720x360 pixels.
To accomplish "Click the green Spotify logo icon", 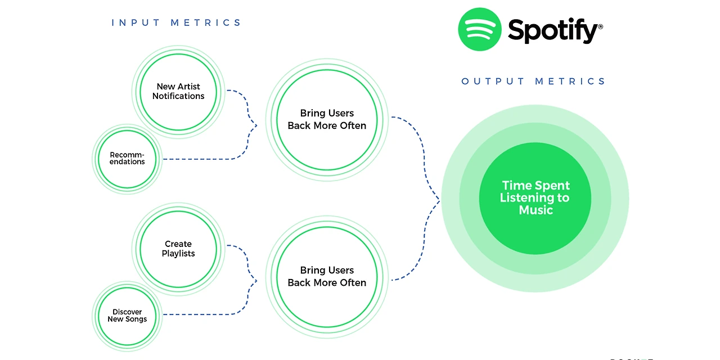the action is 480,29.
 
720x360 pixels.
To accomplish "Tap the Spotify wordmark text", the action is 555,30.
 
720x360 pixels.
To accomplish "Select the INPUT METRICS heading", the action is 176,23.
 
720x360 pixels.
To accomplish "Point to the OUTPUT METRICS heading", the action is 533,82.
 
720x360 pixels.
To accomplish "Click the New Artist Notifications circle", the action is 178,92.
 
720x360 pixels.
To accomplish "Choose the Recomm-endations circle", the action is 127,159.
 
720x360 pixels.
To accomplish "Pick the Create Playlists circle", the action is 178,249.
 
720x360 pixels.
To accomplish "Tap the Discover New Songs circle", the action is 127,316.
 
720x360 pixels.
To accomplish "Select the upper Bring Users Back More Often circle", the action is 327,120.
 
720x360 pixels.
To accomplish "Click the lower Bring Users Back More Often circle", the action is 327,277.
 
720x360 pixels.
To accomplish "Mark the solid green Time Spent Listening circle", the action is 535,199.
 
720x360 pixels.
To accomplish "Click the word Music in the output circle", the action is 536,210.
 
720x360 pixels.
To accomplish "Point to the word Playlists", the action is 178,254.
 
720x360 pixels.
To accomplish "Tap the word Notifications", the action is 178,96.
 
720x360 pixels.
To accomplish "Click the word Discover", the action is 127,312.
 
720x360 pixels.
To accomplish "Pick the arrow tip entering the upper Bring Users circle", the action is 257,125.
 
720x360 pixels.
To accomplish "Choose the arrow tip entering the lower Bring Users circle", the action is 257,281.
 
